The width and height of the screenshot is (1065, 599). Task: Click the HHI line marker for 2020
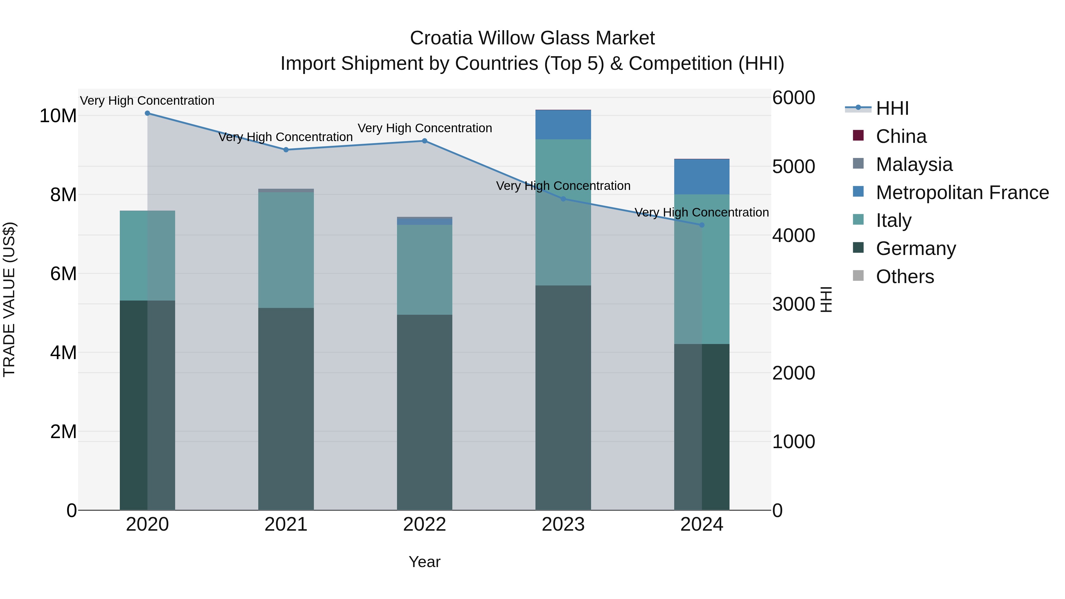click(147, 113)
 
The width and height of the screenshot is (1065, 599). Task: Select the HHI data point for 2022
click(425, 141)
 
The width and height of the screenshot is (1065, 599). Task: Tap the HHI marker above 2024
click(702, 225)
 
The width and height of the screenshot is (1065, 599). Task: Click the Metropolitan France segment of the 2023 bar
click(563, 125)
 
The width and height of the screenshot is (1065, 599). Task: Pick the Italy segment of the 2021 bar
click(286, 250)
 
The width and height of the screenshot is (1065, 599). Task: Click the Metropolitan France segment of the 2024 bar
click(702, 177)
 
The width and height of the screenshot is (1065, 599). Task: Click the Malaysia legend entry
click(914, 164)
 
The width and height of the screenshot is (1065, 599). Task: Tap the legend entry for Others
click(905, 277)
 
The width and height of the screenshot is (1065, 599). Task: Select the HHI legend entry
click(892, 108)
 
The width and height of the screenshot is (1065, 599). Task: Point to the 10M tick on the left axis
click(58, 116)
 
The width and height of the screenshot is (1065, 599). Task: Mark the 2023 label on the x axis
click(563, 524)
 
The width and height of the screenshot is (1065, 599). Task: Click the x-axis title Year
click(425, 562)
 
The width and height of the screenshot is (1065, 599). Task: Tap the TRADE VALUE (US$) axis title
click(9, 299)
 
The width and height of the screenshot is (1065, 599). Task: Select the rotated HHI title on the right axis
click(826, 299)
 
